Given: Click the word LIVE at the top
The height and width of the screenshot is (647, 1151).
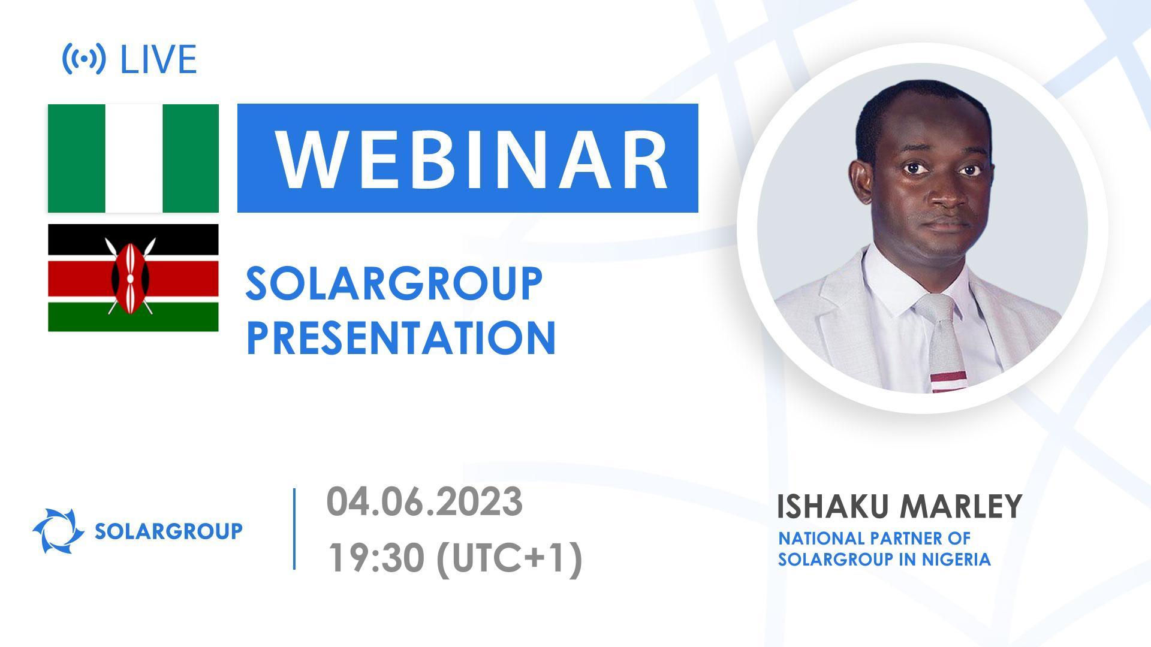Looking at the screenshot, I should pos(158,59).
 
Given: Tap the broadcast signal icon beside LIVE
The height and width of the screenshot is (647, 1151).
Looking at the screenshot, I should pos(84,59).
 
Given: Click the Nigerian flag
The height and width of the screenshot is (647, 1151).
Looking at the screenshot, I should pos(133,158).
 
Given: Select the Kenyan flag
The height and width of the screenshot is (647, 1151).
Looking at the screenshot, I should pos(133,277).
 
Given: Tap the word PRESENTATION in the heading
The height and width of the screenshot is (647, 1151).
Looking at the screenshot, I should pos(400,338).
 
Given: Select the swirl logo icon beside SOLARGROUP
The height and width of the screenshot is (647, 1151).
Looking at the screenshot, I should pos(58,531).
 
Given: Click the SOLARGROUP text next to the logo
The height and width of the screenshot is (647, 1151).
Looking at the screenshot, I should pos(168,531).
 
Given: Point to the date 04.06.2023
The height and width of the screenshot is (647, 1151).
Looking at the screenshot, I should pos(424,502).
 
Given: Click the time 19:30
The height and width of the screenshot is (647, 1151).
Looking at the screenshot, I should pos(374,558).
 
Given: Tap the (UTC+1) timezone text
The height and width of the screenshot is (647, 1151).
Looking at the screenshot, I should pos(510,558).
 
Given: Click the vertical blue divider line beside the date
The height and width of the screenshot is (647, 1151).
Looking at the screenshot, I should pos(294,528).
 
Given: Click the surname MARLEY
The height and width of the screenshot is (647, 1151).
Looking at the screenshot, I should pos(960,507).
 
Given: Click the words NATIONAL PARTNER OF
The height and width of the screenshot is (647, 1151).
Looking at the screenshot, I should pos(873,538).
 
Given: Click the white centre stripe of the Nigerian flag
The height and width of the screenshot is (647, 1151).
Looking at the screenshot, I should pos(133,158).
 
